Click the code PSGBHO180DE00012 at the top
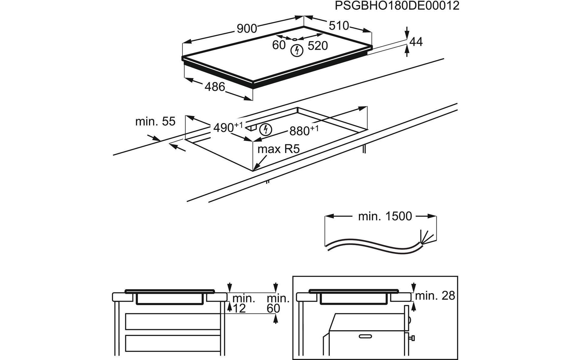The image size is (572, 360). point(397,6)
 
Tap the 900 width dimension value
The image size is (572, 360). point(247,28)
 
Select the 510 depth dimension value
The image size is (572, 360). point(339,26)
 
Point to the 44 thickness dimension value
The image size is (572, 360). point(416,42)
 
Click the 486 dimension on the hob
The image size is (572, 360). point(215,87)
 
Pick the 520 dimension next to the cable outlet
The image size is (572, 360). point(318,46)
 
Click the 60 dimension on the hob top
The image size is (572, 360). point(278,45)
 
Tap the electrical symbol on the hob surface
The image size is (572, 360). point(297,50)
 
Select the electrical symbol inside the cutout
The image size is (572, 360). point(266,130)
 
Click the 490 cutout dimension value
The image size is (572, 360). point(224,128)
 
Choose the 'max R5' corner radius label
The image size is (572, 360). point(278,149)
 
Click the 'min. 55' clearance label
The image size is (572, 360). point(155,121)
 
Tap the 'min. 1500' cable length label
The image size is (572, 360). point(385,216)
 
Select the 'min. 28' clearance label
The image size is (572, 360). point(435,296)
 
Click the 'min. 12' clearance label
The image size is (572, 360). point(243,303)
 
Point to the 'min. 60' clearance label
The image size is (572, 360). point(278,303)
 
